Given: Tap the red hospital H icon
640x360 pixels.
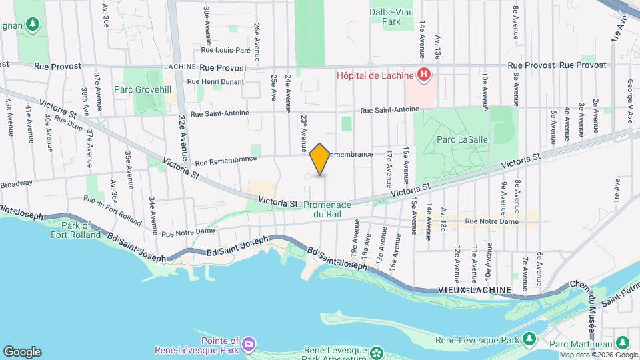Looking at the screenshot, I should pyautogui.click(x=423, y=75).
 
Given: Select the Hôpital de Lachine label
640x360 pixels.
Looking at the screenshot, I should pyautogui.click(x=375, y=75).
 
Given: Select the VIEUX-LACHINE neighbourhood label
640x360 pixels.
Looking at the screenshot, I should pyautogui.click(x=475, y=290).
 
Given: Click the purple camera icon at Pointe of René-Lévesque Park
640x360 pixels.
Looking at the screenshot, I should pyautogui.click(x=248, y=343).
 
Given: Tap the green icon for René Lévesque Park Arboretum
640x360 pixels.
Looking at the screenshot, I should pyautogui.click(x=377, y=351).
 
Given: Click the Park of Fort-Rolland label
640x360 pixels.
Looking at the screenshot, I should pyautogui.click(x=75, y=230).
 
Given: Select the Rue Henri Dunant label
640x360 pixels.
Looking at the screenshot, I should pyautogui.click(x=216, y=81).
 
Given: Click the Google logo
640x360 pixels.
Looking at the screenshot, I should pyautogui.click(x=22, y=352).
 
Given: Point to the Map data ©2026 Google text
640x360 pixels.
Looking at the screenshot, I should pyautogui.click(x=598, y=354).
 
